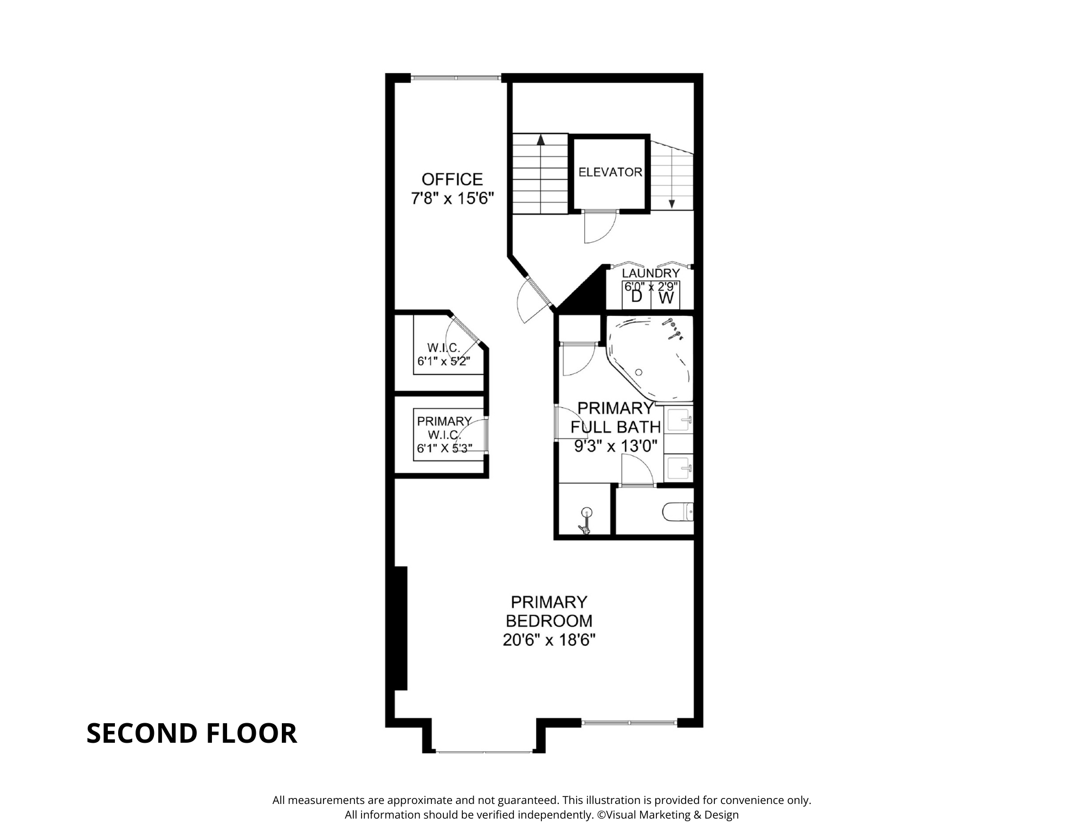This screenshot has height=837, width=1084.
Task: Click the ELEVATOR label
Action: tap(610, 172)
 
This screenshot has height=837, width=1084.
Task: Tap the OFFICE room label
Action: tap(452, 179)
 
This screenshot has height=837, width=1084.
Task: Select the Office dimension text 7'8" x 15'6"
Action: tap(453, 198)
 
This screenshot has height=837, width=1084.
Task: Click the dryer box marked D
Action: tap(636, 296)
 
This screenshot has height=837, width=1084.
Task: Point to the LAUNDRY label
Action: tap(650, 274)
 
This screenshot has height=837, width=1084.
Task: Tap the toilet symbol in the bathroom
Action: tap(677, 512)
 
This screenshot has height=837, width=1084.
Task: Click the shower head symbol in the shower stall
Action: tap(585, 512)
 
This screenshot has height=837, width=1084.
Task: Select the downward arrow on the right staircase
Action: tap(672, 203)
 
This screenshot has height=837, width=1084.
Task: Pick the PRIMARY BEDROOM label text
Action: tap(549, 611)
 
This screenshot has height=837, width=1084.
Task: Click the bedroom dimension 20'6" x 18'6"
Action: tap(549, 640)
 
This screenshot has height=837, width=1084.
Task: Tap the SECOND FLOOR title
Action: tap(192, 734)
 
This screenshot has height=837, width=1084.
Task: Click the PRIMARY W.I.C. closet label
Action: tap(444, 428)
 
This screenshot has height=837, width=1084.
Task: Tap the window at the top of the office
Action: tap(455, 78)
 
